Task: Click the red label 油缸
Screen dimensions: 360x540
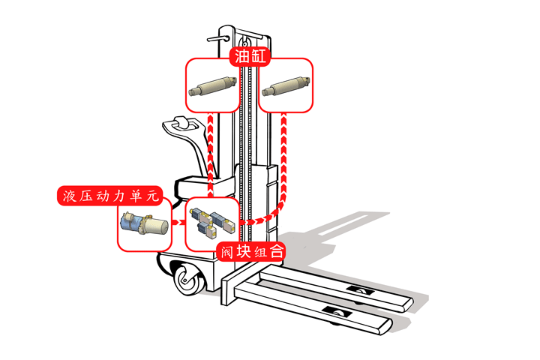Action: coord(250,58)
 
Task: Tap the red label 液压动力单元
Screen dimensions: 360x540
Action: coord(109,196)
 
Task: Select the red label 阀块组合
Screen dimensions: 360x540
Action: coord(251,252)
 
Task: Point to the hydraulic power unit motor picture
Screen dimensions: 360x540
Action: coord(145,224)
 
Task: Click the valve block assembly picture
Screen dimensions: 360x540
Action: coord(211,223)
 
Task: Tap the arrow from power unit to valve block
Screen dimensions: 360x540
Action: coord(178,224)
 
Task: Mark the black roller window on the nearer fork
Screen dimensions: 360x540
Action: coord(334,310)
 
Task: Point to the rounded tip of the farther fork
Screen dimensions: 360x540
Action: coord(408,303)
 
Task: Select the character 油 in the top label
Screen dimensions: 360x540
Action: coord(240,58)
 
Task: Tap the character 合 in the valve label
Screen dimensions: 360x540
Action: coord(277,252)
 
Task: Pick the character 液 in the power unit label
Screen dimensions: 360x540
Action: coord(69,196)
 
